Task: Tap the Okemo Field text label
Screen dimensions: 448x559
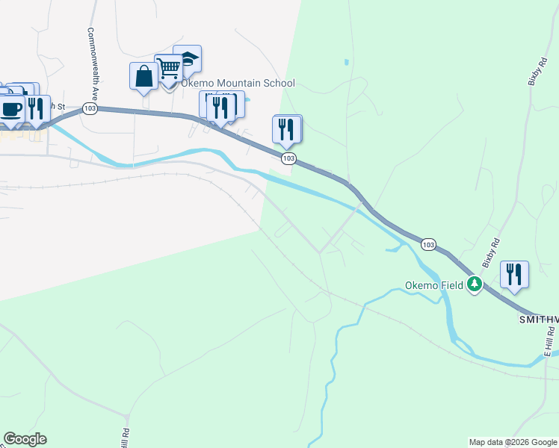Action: click(435, 284)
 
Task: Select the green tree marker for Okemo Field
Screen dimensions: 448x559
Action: click(474, 284)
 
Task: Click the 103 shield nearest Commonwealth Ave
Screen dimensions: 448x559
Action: click(90, 108)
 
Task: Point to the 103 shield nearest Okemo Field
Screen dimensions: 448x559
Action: click(428, 244)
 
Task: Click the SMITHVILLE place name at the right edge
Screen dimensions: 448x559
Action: click(539, 319)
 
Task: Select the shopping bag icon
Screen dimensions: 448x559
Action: click(143, 76)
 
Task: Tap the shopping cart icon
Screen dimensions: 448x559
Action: click(169, 68)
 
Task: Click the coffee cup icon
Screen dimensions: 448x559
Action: click(11, 109)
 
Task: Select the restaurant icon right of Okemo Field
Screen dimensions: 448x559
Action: click(513, 273)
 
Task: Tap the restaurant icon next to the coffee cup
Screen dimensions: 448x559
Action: click(36, 108)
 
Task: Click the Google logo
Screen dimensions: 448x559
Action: click(25, 439)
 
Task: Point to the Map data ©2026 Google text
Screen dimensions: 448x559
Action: click(513, 442)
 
